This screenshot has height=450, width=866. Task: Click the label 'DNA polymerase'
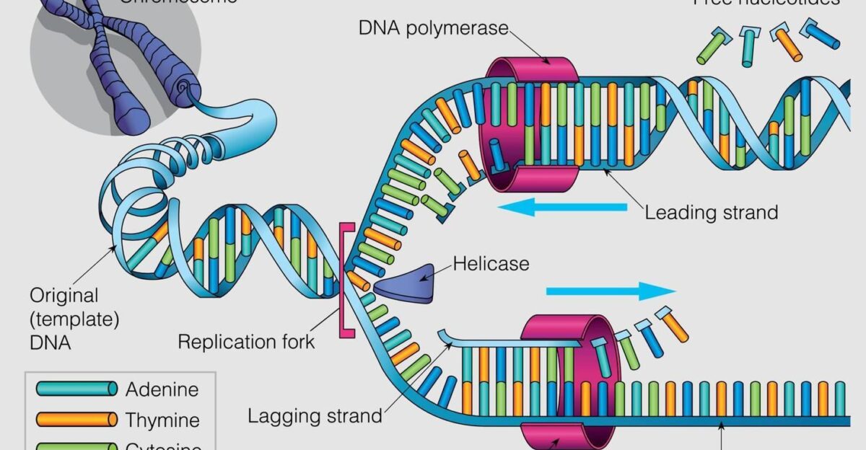coord(433,30)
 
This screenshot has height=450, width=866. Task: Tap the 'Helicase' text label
coord(491,263)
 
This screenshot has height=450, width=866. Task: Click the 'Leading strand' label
coord(711,213)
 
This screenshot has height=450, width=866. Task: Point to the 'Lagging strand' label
coord(315,416)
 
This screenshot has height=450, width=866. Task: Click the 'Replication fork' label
coord(247,341)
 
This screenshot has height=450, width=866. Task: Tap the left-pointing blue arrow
coord(563,208)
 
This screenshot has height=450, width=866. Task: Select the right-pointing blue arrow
coord(611,291)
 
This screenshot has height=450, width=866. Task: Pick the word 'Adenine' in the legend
coord(162,390)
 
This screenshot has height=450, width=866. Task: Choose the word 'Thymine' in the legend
coord(162,419)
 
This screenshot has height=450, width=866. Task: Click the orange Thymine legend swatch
coord(76,419)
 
